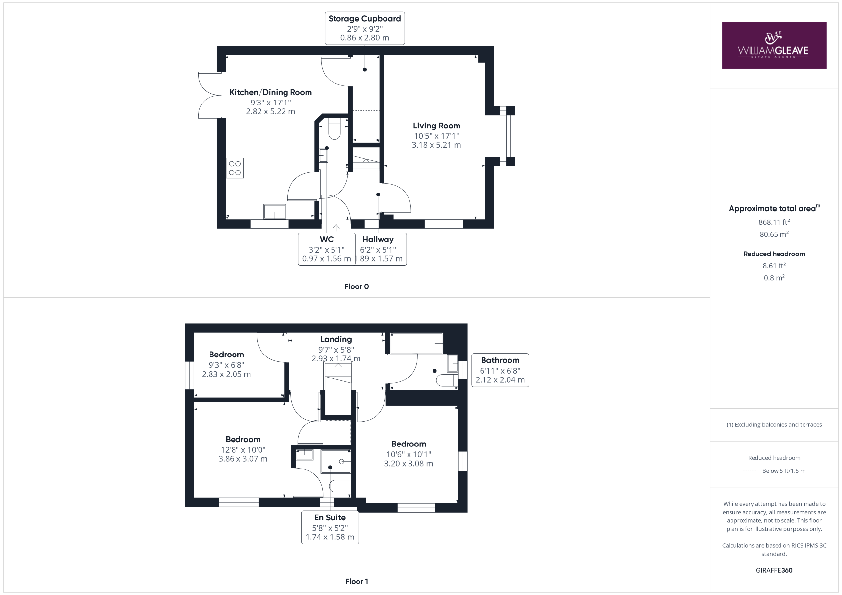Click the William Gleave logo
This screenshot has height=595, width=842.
point(774,45)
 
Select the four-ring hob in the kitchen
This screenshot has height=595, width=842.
point(235,168)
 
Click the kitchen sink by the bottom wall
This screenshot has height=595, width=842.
point(275,212)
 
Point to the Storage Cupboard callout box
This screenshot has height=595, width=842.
point(364,28)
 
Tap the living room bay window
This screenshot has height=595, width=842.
point(510,136)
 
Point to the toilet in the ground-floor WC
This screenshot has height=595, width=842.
point(334,128)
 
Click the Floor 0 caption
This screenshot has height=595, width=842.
point(357,286)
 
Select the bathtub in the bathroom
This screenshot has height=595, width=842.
point(416,343)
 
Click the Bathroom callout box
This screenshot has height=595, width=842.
point(500,370)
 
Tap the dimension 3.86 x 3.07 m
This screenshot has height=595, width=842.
point(243,459)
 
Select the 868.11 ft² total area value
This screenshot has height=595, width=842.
point(774,222)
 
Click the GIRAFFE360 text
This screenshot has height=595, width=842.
point(774,570)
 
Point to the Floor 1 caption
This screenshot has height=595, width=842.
point(357,581)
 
